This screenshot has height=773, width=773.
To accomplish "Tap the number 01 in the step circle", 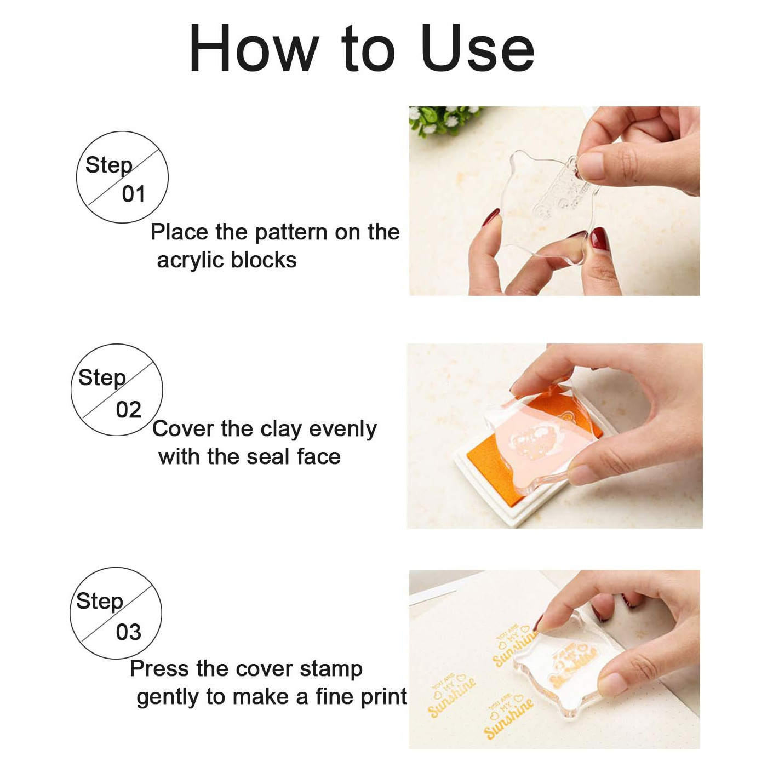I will pyautogui.click(x=134, y=194).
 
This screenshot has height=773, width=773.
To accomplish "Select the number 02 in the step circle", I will pyautogui.click(x=129, y=410).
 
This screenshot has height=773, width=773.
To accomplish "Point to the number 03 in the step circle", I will pyautogui.click(x=129, y=632).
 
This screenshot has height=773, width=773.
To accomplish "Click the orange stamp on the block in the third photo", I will pyautogui.click(x=573, y=663).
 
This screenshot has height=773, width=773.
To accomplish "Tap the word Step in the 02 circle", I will pyautogui.click(x=102, y=377).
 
